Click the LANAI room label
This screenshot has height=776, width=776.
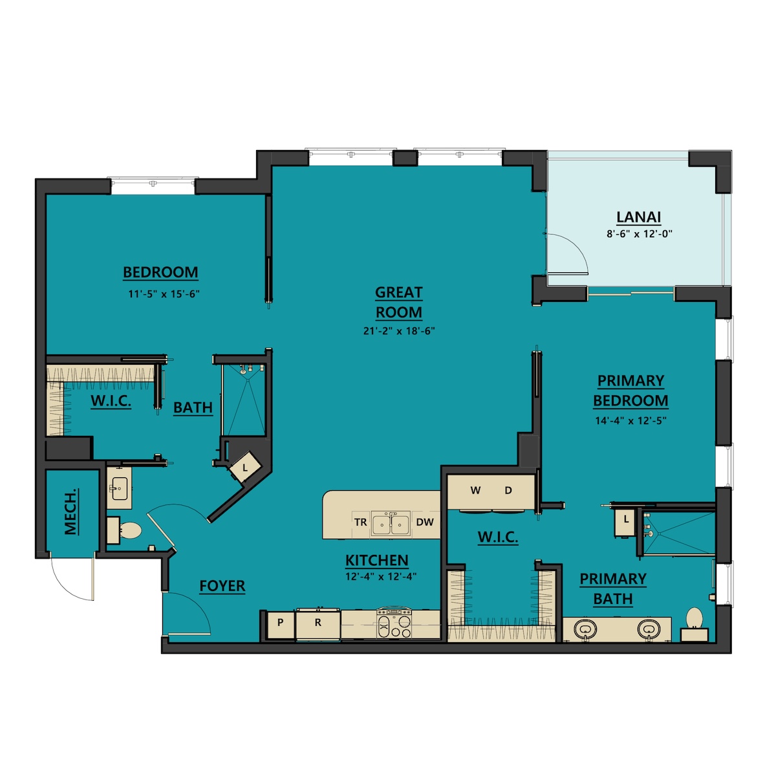point(639,217)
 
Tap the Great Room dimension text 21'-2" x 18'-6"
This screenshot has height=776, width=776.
point(399,331)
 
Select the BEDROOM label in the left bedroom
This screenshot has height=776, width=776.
point(160,272)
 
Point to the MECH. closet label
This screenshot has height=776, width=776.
point(70,512)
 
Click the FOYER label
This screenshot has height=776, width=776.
point(222,586)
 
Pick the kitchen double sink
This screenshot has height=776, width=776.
point(391,523)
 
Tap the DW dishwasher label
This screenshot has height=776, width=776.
point(425,523)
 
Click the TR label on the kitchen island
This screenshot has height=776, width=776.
point(361,523)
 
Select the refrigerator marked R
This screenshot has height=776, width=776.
point(318,623)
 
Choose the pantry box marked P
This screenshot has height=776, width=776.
point(280,623)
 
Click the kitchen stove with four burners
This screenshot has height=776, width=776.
point(394,623)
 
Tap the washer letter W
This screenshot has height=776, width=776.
point(475,490)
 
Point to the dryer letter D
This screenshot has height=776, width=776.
point(508,490)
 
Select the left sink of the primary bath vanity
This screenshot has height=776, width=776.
point(585,628)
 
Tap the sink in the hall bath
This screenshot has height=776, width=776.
point(120,488)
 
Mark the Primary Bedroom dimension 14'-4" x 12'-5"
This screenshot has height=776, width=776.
point(630,420)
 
